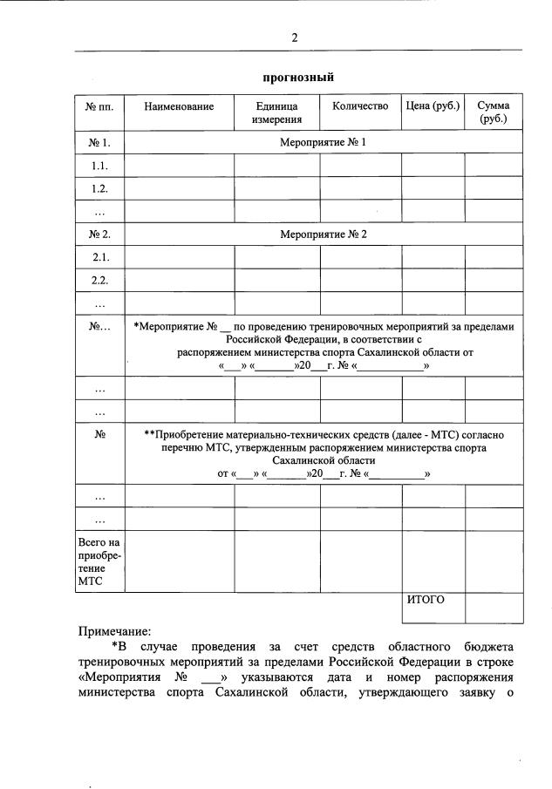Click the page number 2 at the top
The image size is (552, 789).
click(x=295, y=37)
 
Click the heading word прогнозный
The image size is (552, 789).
click(x=294, y=78)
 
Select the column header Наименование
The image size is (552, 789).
click(x=179, y=106)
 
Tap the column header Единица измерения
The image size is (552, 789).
click(x=276, y=112)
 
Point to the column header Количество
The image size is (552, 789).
click(x=359, y=106)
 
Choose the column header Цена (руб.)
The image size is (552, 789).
click(x=433, y=106)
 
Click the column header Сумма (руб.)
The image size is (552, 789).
click(x=493, y=112)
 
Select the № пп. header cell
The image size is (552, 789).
click(x=99, y=106)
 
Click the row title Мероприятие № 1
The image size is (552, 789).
click(x=323, y=141)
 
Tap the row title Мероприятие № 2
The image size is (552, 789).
click(x=323, y=235)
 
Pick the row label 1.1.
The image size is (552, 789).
click(x=99, y=165)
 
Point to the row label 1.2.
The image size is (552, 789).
click(x=99, y=188)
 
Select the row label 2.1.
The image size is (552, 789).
click(x=99, y=258)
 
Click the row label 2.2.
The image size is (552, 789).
click(x=99, y=281)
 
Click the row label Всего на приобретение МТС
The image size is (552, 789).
click(x=99, y=561)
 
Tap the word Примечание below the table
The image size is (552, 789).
click(x=114, y=630)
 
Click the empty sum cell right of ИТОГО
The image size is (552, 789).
click(x=494, y=607)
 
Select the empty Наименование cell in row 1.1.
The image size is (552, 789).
click(x=179, y=165)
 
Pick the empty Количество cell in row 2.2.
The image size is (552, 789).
click(x=359, y=281)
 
